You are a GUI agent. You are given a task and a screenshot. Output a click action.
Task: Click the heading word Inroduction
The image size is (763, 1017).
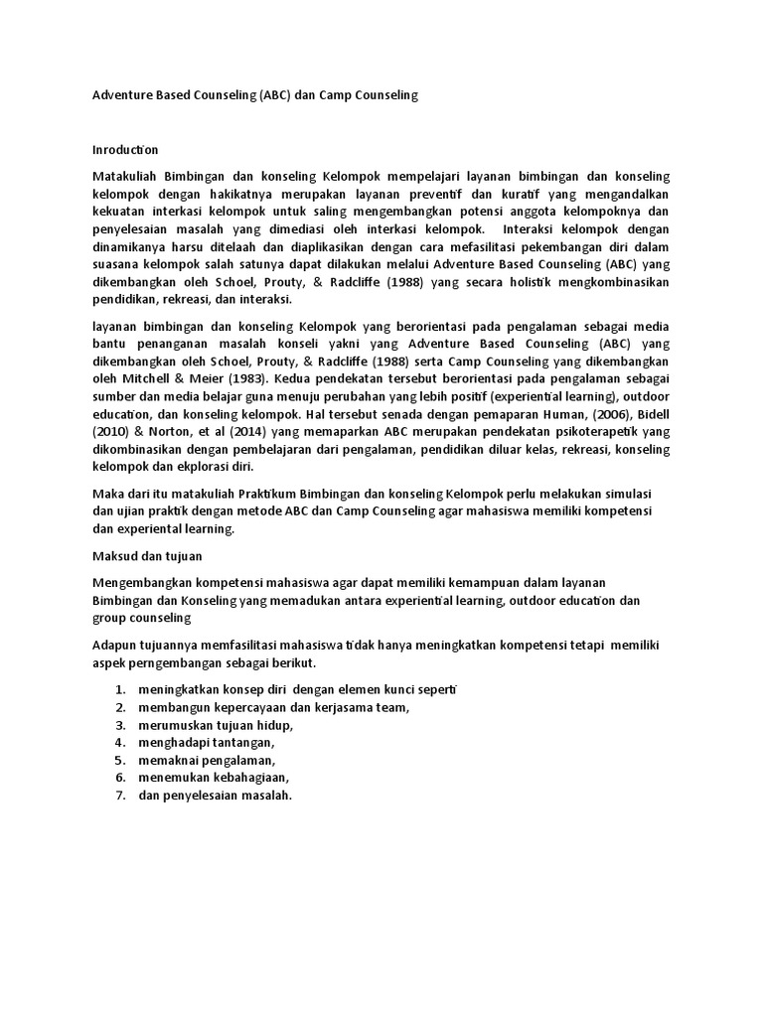click(125, 149)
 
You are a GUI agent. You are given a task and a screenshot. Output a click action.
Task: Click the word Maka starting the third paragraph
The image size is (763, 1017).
click(107, 494)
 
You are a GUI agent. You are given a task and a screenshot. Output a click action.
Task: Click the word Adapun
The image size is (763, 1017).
click(115, 645)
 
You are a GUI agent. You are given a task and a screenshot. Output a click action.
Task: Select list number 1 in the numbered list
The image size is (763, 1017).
click(119, 689)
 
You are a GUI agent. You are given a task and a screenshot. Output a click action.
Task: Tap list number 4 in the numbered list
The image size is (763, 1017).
click(119, 742)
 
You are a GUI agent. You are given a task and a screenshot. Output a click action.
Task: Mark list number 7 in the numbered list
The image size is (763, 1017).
click(119, 796)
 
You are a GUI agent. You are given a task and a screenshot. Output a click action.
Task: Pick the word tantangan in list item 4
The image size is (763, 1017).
click(239, 742)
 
